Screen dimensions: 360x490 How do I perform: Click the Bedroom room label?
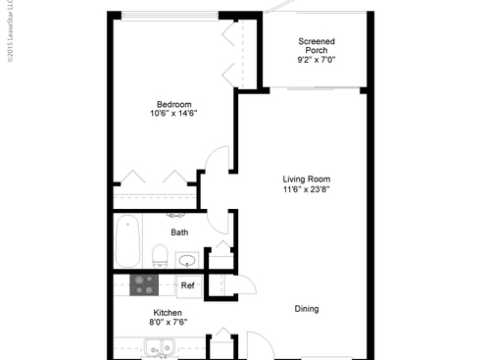tap(173, 104)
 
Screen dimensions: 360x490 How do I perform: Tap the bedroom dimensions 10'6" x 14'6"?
tap(173, 114)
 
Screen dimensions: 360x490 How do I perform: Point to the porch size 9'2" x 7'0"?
tap(316, 60)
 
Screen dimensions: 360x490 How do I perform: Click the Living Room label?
tap(306, 180)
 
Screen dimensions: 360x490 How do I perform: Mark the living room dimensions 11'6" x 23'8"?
tap(306, 190)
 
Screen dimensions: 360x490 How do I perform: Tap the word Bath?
tap(179, 232)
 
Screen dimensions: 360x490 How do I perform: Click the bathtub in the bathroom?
tap(127, 242)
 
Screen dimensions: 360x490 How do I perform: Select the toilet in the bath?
tap(160, 255)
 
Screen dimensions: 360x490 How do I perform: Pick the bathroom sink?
tap(187, 260)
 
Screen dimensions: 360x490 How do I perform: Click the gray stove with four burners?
tap(145, 284)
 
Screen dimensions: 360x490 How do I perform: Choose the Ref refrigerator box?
tap(186, 285)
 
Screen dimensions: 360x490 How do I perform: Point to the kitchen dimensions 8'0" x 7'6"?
tap(139, 321)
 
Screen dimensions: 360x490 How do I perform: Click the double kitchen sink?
tap(158, 347)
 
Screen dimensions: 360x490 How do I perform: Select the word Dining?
tap(307, 309)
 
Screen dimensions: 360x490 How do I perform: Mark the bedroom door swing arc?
tap(220, 158)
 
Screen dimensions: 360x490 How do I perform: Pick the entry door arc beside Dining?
tap(261, 345)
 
